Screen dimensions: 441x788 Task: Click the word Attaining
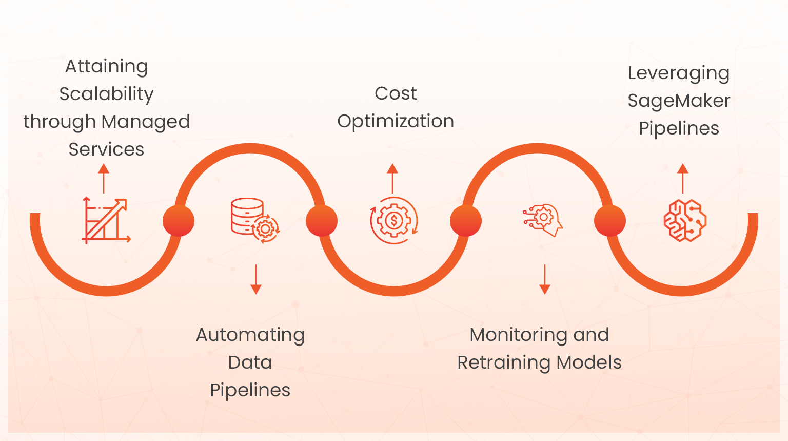pos(106,67)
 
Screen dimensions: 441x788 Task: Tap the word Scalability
pos(106,94)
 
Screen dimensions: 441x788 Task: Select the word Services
pos(106,149)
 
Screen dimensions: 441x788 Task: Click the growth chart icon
pos(106,221)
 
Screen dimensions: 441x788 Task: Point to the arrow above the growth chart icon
pos(104,178)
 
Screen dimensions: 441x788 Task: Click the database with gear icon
pos(254,221)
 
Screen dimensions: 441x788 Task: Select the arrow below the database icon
pos(256,279)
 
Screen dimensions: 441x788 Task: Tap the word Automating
pos(250,335)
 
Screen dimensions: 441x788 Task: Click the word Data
pos(250,362)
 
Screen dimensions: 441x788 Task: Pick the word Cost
pos(396,93)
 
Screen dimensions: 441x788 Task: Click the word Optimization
pos(396,122)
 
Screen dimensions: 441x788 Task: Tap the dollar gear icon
pos(393,221)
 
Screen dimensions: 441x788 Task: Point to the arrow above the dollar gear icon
pos(392,178)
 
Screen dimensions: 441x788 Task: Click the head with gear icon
pos(543,220)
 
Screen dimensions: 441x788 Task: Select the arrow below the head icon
pos(545,279)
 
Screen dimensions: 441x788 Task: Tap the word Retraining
pos(504,363)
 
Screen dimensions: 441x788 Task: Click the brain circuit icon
pos(685,221)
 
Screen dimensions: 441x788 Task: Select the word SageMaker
pos(679,101)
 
